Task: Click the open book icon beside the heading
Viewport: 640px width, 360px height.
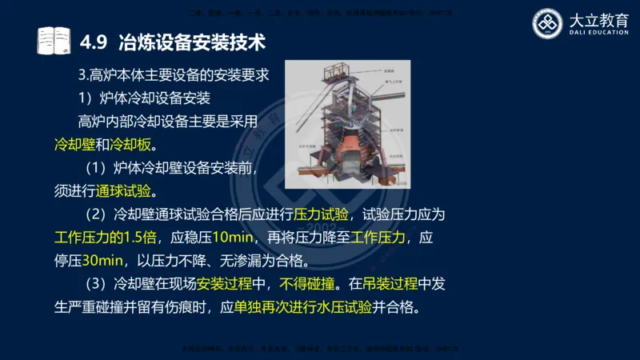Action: (54, 39)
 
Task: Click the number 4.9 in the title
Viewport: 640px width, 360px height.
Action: (96, 40)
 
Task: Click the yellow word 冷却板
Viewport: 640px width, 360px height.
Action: (128, 146)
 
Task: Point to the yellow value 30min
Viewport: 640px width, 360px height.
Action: (101, 262)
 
